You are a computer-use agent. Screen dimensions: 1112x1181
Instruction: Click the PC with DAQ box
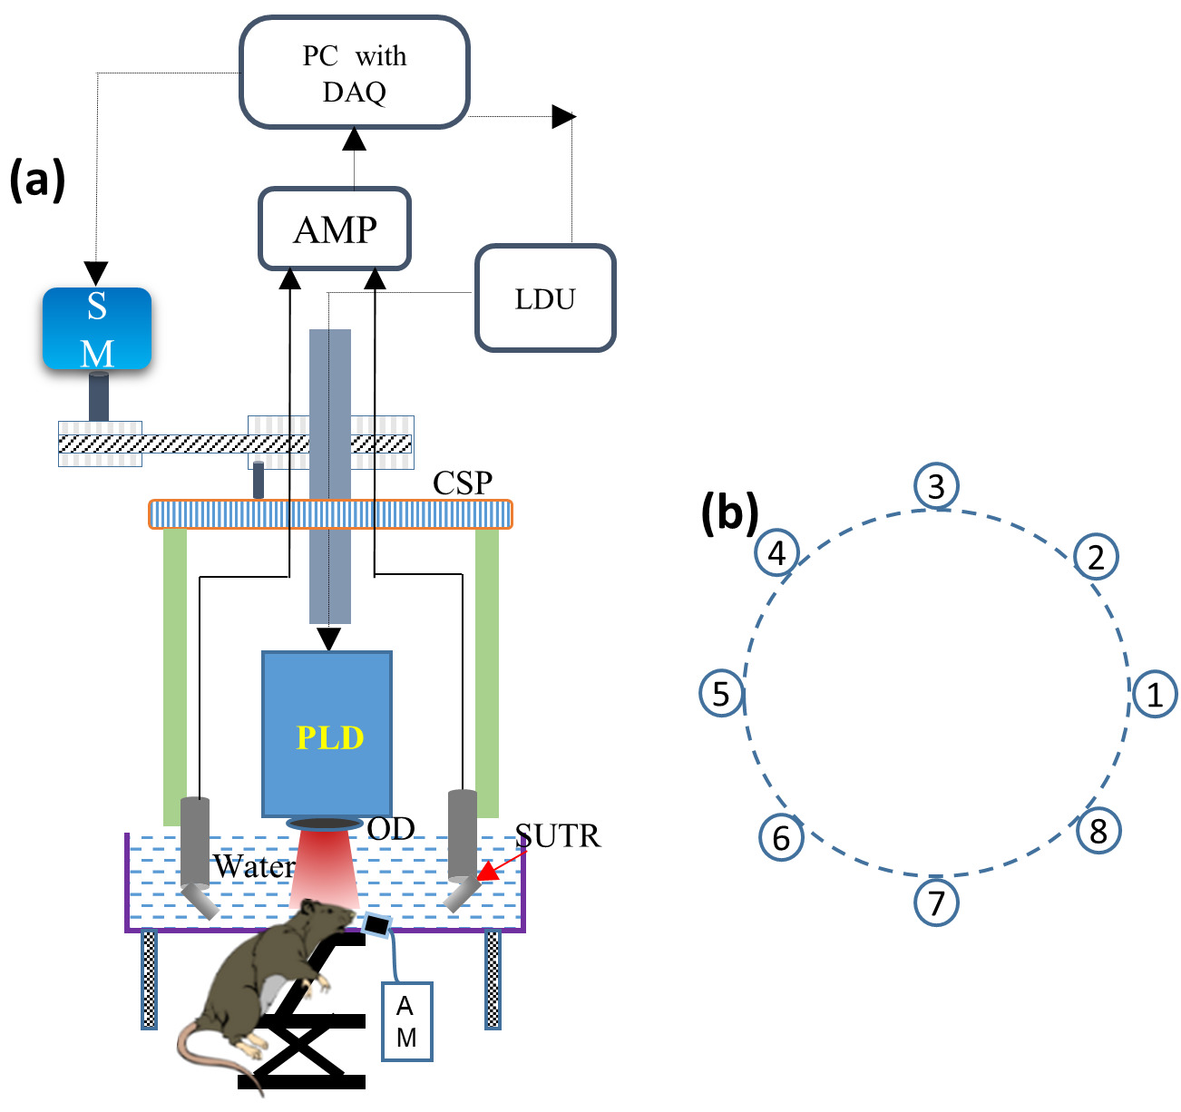pyautogui.click(x=354, y=73)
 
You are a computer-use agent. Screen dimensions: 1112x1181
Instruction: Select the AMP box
pyautogui.click(x=335, y=229)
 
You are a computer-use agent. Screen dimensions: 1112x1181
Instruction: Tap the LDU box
pyautogui.click(x=545, y=298)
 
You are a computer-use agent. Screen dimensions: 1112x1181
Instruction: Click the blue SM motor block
pyautogui.click(x=97, y=328)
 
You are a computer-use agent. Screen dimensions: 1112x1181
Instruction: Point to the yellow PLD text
pyautogui.click(x=330, y=737)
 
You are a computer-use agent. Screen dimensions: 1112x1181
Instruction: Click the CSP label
pyautogui.click(x=463, y=483)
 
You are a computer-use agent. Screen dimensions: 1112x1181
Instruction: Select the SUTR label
pyautogui.click(x=558, y=835)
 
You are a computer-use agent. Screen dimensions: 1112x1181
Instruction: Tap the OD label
pyautogui.click(x=391, y=828)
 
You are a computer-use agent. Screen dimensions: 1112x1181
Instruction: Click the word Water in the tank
pyautogui.click(x=254, y=867)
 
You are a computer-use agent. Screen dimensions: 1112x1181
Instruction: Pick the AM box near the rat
pyautogui.click(x=406, y=1021)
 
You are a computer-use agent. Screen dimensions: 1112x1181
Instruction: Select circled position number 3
pyautogui.click(x=937, y=486)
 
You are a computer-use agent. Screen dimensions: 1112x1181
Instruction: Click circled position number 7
pyautogui.click(x=936, y=902)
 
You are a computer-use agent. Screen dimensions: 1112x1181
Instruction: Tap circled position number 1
pyautogui.click(x=1155, y=695)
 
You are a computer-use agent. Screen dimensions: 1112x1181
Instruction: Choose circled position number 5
pyautogui.click(x=721, y=694)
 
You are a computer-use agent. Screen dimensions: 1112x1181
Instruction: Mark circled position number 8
pyautogui.click(x=1098, y=831)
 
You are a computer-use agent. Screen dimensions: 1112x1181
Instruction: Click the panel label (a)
pyautogui.click(x=37, y=180)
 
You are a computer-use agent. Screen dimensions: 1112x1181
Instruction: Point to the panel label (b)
pyautogui.click(x=729, y=512)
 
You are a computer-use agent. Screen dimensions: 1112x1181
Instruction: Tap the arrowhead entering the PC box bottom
pyautogui.click(x=354, y=140)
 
